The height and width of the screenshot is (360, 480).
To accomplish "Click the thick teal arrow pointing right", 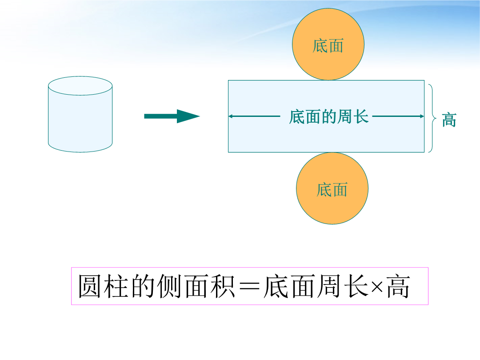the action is point(172,116).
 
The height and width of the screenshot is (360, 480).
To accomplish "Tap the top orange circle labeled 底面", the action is point(328,44).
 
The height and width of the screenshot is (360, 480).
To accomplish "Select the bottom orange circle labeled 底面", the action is point(332,188).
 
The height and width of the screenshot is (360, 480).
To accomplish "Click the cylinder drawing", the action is point(80,114).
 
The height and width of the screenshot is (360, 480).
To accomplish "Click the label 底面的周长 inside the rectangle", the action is point(329,116).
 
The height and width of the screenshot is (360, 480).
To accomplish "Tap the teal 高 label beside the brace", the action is point(449,120).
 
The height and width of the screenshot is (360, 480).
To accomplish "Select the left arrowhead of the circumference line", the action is point(231,116).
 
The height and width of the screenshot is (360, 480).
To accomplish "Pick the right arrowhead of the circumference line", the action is point(422,116).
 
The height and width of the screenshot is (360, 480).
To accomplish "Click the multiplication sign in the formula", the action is point(377,287).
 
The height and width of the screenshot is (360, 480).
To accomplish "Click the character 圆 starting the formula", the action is point(90,286).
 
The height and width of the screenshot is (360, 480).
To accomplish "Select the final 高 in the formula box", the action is point(398,286).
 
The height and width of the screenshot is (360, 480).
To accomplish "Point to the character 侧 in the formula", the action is point(169,286).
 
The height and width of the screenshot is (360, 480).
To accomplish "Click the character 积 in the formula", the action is point(223,286).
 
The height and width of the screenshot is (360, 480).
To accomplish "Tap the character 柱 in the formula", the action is point(116,286).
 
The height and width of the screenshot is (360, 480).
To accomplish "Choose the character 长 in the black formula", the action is point(356,286).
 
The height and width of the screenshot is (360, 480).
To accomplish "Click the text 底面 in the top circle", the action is point(328,46).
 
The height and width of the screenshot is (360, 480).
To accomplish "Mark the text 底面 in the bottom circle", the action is point(332,190).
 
